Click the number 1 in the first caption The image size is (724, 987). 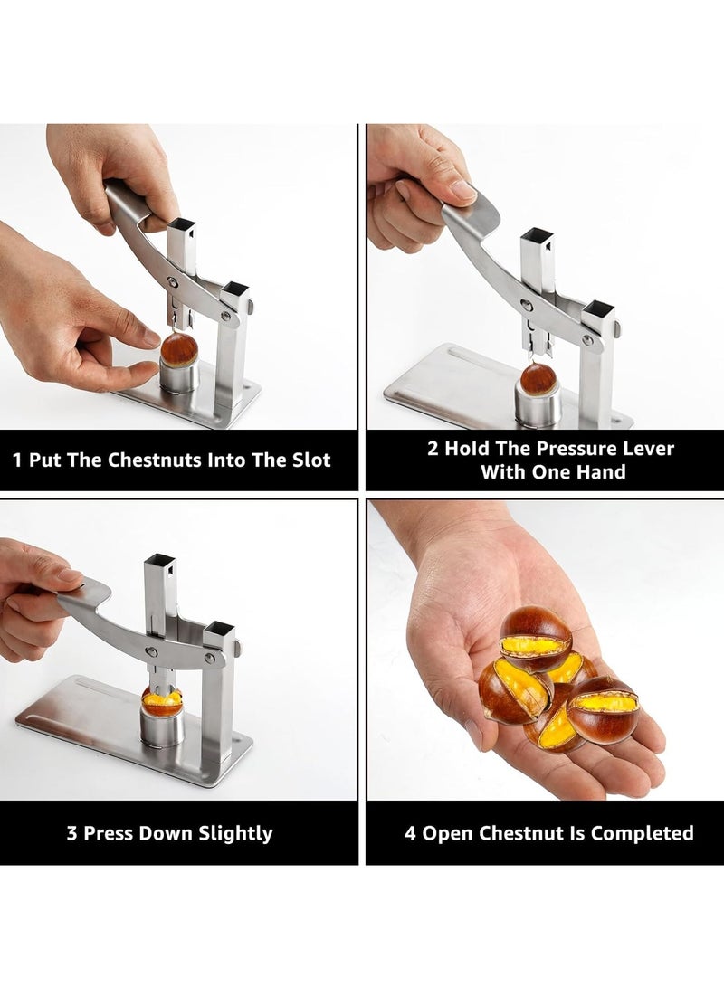pos(18,460)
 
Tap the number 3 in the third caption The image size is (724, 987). pos(71,833)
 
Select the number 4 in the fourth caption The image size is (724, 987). pos(410,833)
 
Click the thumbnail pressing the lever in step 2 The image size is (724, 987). pos(462,191)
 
